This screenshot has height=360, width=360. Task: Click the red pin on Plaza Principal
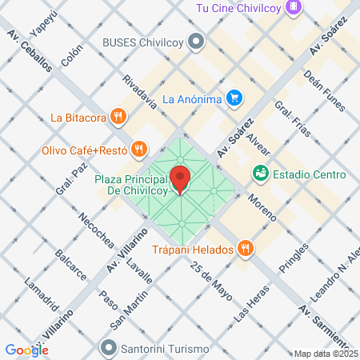[x=181, y=178]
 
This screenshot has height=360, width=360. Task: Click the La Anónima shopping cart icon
[x=234, y=99]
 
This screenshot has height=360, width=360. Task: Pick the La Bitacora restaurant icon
[x=119, y=117]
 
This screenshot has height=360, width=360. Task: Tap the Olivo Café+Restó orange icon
[x=139, y=148]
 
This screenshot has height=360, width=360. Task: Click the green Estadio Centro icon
[x=260, y=173]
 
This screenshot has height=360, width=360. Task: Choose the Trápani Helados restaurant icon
[x=246, y=250]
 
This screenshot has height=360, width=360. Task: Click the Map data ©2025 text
[x=326, y=354]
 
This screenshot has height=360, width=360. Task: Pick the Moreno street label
[x=262, y=207]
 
